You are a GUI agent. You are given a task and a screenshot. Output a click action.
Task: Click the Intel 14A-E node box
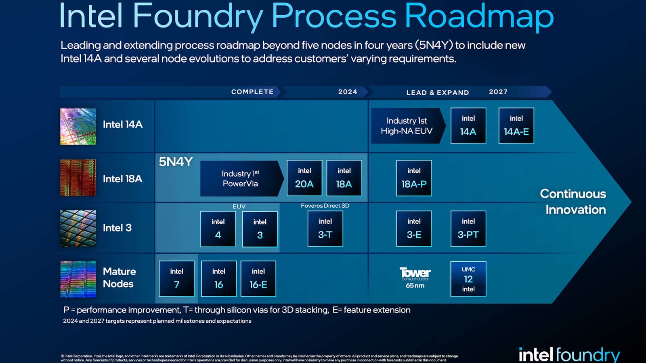(x=516, y=126)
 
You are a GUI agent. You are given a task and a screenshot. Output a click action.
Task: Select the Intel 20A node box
(x=304, y=178)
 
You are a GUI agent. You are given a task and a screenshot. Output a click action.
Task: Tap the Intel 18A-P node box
(x=414, y=178)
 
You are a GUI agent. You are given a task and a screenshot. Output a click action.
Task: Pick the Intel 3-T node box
(x=325, y=229)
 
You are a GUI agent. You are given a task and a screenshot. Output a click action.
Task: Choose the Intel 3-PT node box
(x=468, y=229)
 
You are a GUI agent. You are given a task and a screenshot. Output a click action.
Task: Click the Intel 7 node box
(x=176, y=279)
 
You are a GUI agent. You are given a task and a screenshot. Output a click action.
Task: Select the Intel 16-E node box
(x=258, y=279)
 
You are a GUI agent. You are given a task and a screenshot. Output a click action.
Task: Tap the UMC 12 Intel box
(x=468, y=279)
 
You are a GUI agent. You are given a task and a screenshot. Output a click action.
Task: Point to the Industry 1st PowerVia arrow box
(x=241, y=179)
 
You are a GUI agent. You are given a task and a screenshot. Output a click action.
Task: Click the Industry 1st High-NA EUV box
(x=407, y=126)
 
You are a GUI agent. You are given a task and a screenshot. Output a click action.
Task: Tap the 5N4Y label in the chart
(x=176, y=162)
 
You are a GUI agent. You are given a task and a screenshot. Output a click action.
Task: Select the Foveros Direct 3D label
(x=325, y=206)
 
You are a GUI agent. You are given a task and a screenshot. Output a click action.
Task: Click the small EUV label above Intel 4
(x=239, y=207)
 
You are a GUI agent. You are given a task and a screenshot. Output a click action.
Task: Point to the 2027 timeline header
(x=498, y=92)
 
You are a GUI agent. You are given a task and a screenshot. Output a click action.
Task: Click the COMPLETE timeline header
(x=252, y=92)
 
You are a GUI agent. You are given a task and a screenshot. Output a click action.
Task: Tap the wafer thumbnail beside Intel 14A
(x=78, y=126)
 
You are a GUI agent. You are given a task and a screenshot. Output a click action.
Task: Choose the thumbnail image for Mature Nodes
(x=78, y=279)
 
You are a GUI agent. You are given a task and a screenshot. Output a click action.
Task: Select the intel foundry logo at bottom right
(x=569, y=355)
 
